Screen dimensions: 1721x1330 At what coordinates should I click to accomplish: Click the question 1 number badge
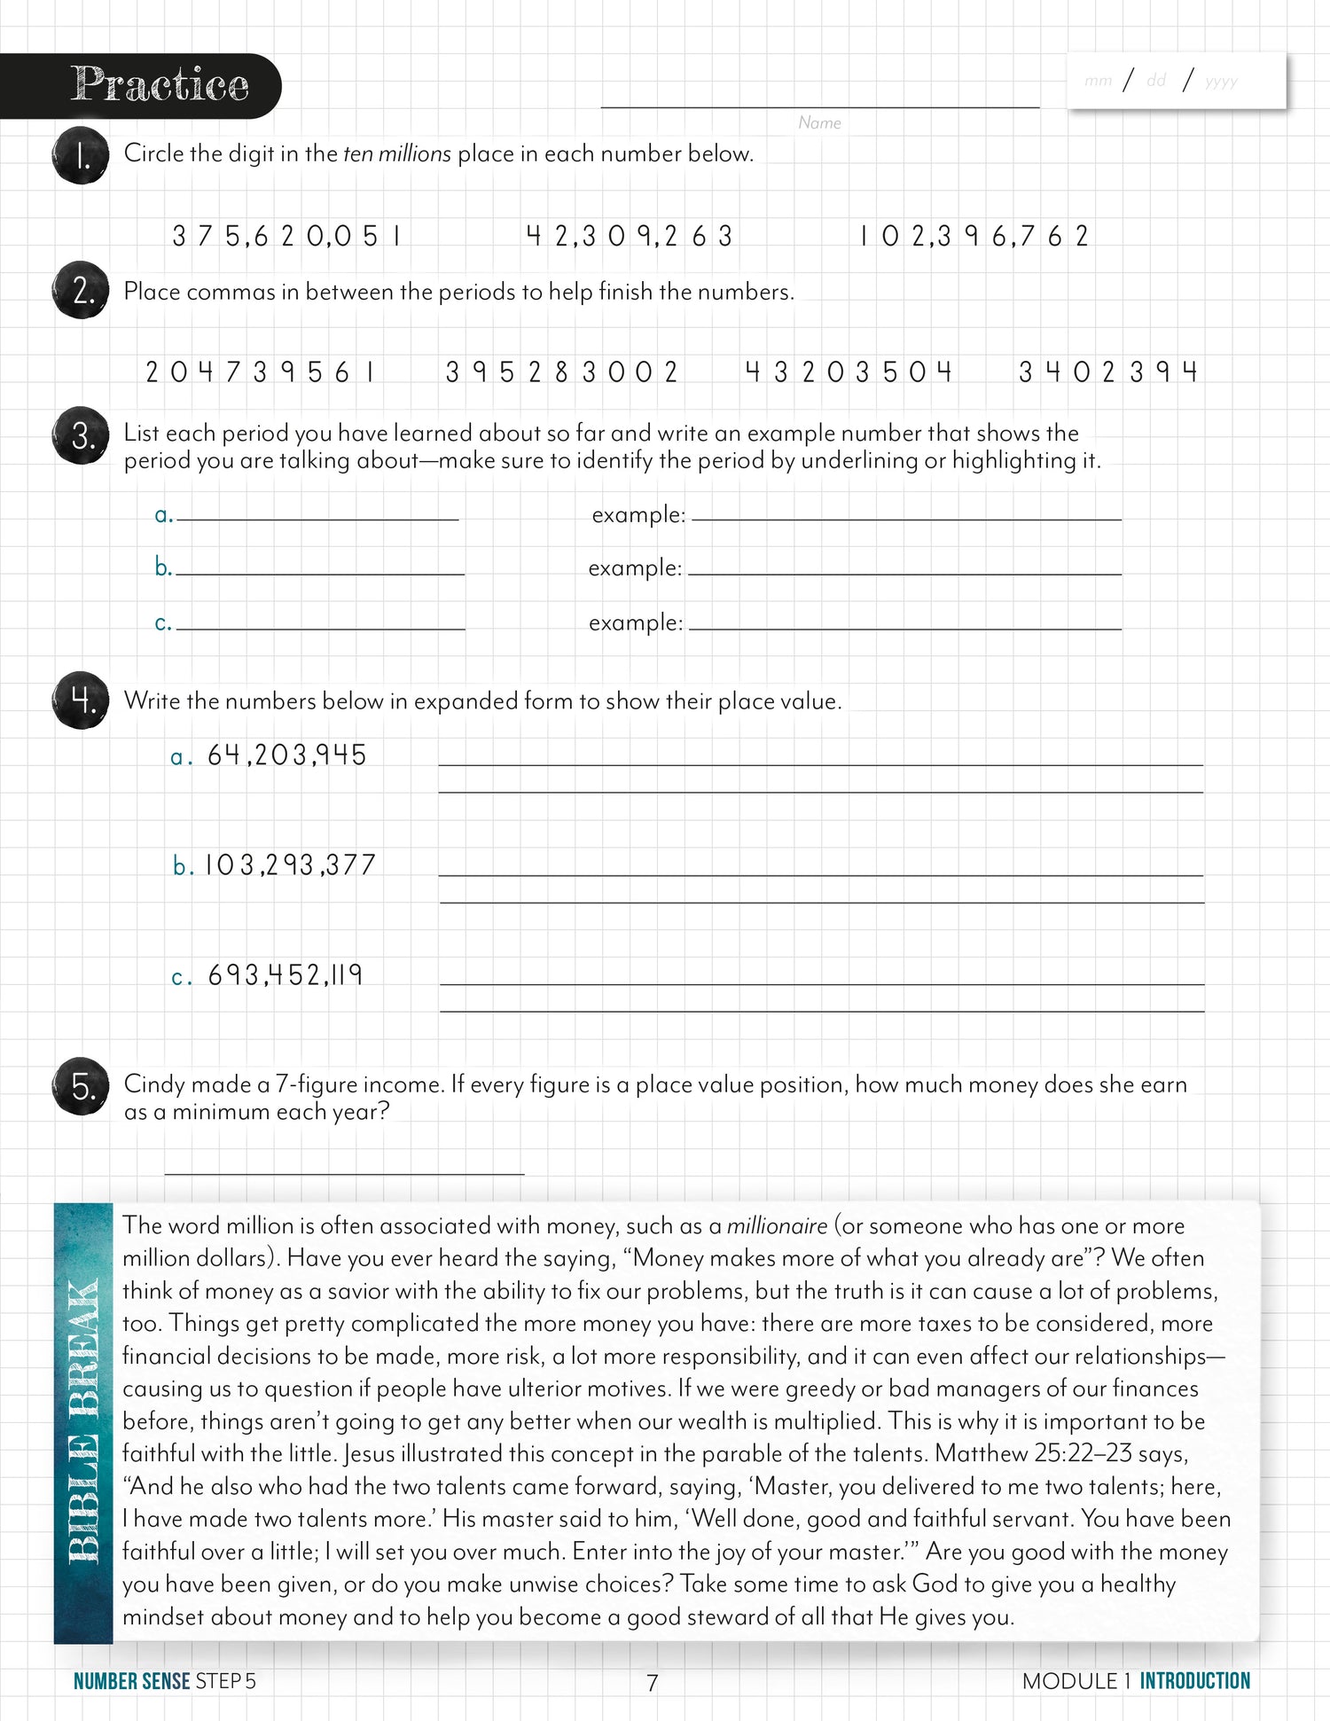point(81,157)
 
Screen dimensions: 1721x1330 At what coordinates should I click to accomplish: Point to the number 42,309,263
point(630,237)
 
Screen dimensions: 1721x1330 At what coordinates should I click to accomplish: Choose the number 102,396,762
point(974,237)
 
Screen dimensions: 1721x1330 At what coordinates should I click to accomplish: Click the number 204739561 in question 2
point(261,372)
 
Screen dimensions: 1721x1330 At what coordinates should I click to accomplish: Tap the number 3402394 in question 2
point(1108,372)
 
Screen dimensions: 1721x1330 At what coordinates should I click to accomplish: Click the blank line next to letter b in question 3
point(320,567)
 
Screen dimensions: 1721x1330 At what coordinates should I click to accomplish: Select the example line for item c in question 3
point(904,622)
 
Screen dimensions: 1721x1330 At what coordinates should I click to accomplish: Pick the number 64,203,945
point(286,755)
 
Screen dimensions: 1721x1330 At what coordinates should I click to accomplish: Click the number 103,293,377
point(290,865)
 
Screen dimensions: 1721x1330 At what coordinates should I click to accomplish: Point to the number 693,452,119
point(285,975)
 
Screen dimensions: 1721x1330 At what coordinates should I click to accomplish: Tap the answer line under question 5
point(344,1166)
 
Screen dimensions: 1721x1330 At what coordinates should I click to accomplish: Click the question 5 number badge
point(81,1086)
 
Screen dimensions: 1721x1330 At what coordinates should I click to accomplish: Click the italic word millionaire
point(777,1226)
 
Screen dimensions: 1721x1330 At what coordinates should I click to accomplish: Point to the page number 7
point(653,1682)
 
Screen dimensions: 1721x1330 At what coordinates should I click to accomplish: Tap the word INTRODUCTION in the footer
point(1194,1681)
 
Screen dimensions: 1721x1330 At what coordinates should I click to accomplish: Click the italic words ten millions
point(397,154)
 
